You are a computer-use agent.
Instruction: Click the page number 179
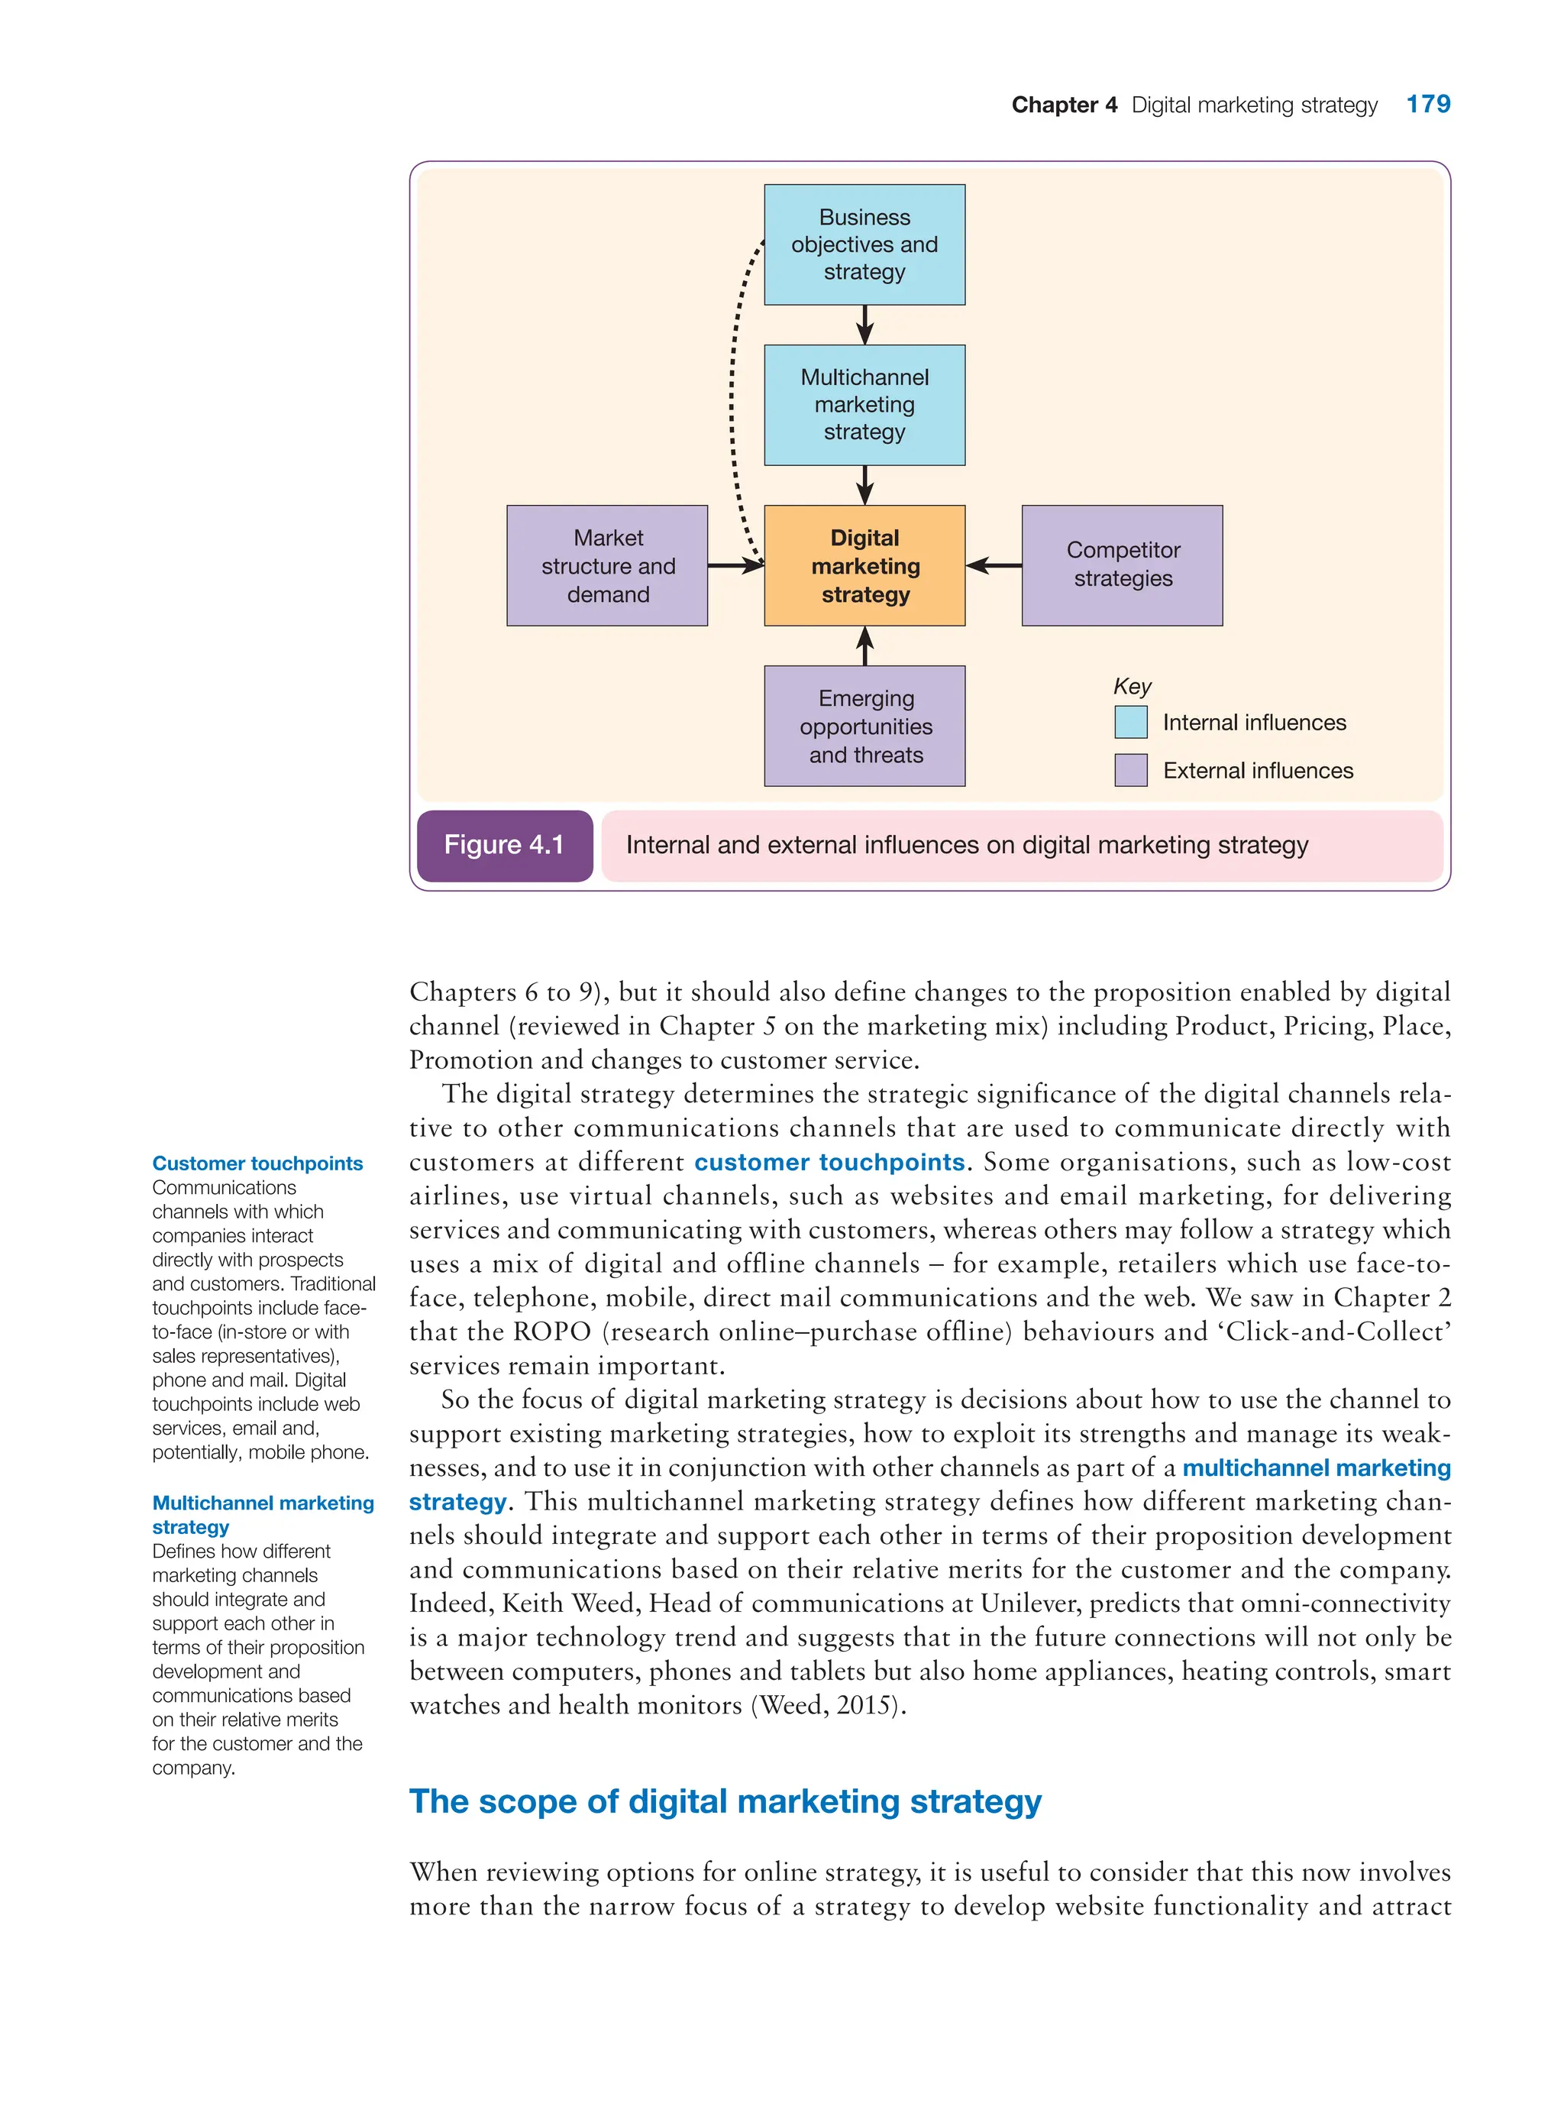[1427, 104]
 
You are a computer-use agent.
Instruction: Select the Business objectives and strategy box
[864, 244]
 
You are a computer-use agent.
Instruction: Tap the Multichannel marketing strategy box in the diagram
[864, 404]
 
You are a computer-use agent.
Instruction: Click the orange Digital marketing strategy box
[864, 565]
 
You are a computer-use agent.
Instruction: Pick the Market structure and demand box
[607, 565]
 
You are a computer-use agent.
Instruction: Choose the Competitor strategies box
[1122, 565]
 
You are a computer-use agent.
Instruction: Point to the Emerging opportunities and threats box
[864, 726]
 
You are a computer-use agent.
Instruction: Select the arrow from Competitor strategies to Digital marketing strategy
[994, 565]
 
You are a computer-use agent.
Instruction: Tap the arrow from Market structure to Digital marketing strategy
[735, 565]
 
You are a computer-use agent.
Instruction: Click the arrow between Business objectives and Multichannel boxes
[864, 325]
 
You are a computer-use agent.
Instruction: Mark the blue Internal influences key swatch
[1130, 722]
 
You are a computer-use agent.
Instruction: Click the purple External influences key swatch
[1130, 770]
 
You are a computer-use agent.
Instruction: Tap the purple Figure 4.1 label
[505, 845]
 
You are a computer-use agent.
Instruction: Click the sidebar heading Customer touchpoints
[257, 1163]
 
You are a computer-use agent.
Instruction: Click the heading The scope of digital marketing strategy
[725, 1801]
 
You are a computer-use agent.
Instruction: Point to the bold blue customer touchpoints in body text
[829, 1162]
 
